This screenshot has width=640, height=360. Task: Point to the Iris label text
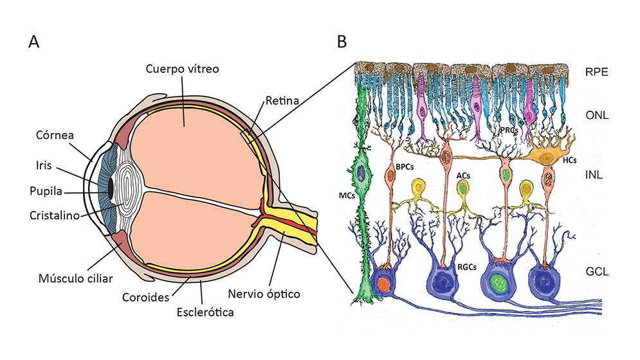pyautogui.click(x=43, y=166)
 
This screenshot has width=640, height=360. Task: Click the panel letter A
pyautogui.click(x=34, y=42)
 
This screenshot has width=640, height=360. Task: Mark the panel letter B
pyautogui.click(x=342, y=42)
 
